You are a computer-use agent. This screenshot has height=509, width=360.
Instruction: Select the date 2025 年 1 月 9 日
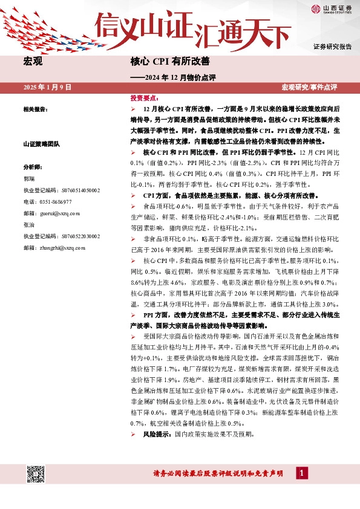point(47,88)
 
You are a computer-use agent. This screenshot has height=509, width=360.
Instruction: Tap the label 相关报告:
point(36,109)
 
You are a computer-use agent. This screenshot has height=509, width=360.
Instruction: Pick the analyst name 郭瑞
point(28,179)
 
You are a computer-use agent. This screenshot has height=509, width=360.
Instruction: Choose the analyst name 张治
point(28,224)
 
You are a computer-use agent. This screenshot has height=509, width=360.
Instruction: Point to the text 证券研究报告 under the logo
point(333,47)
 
